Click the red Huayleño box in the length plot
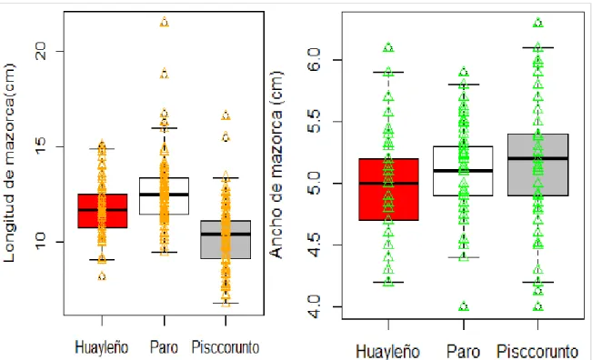[103, 211]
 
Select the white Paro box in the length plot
[164, 195]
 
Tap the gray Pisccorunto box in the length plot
[226, 239]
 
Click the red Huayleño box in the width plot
[388, 189]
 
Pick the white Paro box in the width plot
[463, 171]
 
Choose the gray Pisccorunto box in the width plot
[538, 165]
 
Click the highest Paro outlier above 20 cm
[165, 22]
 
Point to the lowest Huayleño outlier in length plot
[102, 276]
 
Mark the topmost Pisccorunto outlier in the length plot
[226, 115]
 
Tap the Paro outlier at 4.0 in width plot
[464, 306]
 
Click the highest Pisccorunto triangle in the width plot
[538, 23]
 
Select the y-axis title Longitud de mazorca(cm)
[9, 163]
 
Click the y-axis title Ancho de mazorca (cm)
[276, 165]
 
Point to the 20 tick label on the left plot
[39, 51]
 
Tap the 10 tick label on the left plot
[39, 242]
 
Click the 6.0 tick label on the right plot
[314, 60]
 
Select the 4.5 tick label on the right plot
[314, 245]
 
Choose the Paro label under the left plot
[164, 346]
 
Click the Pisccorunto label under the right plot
[537, 352]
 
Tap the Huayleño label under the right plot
[388, 352]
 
